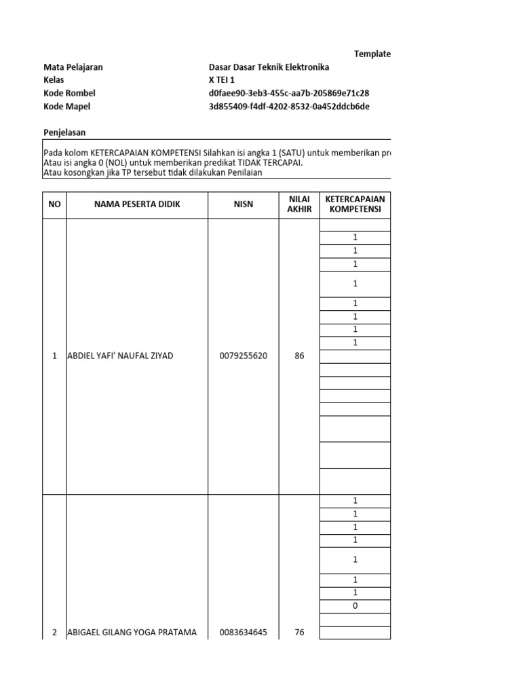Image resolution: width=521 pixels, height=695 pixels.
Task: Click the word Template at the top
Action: pyautogui.click(x=372, y=54)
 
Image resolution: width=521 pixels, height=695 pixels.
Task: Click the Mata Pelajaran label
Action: pyautogui.click(x=73, y=67)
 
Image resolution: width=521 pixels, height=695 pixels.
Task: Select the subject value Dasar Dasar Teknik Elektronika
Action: pyautogui.click(x=269, y=67)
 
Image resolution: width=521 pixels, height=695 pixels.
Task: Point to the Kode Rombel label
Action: pyautogui.click(x=69, y=93)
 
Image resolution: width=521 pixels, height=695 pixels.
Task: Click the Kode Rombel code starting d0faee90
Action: pyautogui.click(x=289, y=93)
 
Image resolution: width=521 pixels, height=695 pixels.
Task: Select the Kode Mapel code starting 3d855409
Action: pyautogui.click(x=290, y=106)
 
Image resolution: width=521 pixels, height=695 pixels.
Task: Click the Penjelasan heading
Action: pyautogui.click(x=64, y=132)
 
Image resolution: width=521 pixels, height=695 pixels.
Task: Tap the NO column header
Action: pyautogui.click(x=54, y=204)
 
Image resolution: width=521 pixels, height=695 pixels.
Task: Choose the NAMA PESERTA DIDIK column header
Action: pyautogui.click(x=137, y=204)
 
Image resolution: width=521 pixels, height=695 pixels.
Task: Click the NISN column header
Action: pyautogui.click(x=244, y=204)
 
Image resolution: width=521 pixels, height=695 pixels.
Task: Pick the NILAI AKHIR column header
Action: pyautogui.click(x=299, y=204)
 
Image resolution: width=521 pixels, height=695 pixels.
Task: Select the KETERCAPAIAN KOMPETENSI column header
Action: pyautogui.click(x=355, y=204)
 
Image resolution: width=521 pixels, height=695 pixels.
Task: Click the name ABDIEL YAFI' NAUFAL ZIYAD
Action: pyautogui.click(x=120, y=356)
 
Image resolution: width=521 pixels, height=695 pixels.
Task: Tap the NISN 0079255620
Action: pyautogui.click(x=244, y=356)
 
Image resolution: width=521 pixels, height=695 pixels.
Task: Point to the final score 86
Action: pyautogui.click(x=299, y=356)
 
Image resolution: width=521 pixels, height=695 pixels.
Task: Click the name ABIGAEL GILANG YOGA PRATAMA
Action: pyautogui.click(x=132, y=633)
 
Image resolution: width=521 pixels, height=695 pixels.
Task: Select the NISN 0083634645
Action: pyautogui.click(x=244, y=633)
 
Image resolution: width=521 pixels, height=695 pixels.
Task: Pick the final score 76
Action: pyautogui.click(x=299, y=633)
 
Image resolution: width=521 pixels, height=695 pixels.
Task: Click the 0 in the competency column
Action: pyautogui.click(x=355, y=606)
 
